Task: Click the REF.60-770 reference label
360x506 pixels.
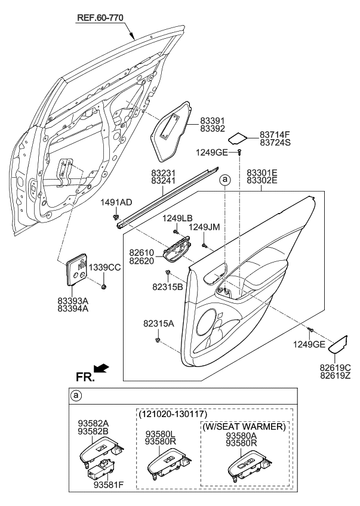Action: click(100, 18)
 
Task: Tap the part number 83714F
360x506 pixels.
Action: click(275, 135)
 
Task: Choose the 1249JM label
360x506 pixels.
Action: click(205, 227)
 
